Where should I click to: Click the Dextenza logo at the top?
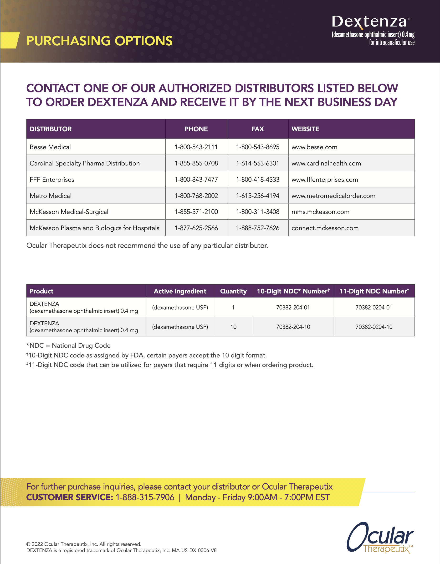coord(371,22)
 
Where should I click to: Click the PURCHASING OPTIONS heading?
coord(99,41)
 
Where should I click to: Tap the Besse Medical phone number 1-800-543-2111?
coord(196,147)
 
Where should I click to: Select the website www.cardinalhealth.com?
coord(326,164)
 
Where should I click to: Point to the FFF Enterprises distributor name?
coord(52,180)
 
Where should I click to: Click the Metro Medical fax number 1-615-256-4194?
coord(257,196)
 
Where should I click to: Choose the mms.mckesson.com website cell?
coord(320,212)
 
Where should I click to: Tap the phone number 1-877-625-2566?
coord(196,228)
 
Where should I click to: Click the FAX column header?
coord(257,129)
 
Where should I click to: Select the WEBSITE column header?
coord(305,129)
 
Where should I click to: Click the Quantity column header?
coord(233,291)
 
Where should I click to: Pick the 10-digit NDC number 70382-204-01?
coord(293,308)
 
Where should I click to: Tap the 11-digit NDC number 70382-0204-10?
coord(374,327)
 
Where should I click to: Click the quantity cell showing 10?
coord(233,327)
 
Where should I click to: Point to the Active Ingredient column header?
coord(180,291)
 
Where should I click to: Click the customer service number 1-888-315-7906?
coord(145,497)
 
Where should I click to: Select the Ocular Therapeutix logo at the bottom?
coord(380,538)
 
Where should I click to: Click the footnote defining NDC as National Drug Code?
coord(68,346)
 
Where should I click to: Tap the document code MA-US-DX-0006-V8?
coord(194,550)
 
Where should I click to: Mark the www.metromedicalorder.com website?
coord(333,196)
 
